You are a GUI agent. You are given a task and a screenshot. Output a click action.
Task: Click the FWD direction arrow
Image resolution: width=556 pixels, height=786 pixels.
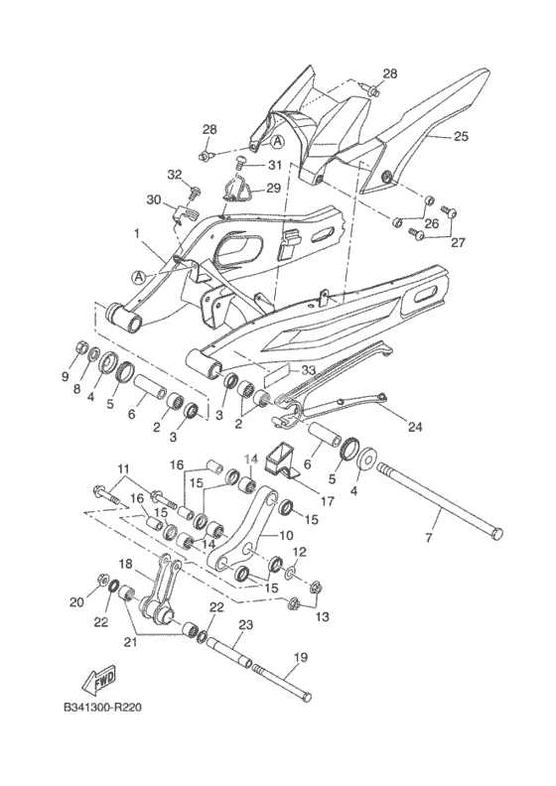pyautogui.click(x=97, y=680)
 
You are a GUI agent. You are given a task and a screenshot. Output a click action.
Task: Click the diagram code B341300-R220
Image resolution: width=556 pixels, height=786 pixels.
pyautogui.click(x=102, y=708)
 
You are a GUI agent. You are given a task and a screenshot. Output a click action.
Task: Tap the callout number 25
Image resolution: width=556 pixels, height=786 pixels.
pyautogui.click(x=462, y=136)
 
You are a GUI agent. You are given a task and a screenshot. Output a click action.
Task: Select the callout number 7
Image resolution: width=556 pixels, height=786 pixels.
pyautogui.click(x=428, y=538)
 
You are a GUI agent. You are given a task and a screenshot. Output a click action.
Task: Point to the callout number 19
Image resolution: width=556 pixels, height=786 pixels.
pyautogui.click(x=302, y=656)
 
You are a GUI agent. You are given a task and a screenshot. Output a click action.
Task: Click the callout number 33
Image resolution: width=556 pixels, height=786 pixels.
pyautogui.click(x=309, y=371)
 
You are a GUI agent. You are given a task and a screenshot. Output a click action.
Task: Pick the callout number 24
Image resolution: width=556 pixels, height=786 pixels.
pyautogui.click(x=415, y=427)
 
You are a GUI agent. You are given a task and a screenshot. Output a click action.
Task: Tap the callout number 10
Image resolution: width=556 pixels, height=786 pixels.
pyautogui.click(x=285, y=535)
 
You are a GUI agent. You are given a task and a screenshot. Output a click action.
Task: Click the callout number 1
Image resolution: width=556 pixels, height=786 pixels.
pyautogui.click(x=136, y=233)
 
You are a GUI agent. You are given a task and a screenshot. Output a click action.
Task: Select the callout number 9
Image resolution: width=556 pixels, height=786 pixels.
pyautogui.click(x=65, y=377)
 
